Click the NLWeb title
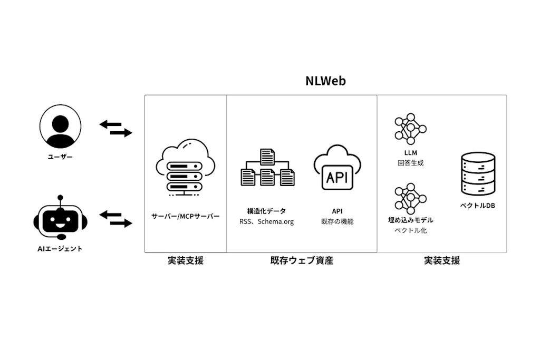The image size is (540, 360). (325, 81)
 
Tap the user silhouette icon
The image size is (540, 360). (61, 127)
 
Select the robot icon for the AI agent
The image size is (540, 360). (60, 219)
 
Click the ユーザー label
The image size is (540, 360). (60, 157)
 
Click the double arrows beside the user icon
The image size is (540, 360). (116, 128)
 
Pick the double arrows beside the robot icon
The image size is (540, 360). (116, 219)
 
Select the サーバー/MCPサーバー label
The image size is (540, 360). (186, 216)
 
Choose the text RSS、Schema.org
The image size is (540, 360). (266, 222)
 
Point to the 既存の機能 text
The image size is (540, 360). (337, 222)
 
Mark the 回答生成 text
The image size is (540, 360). (410, 163)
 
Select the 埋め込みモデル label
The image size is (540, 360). (410, 220)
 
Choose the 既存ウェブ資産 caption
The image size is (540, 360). (302, 260)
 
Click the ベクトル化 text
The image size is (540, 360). (410, 230)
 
